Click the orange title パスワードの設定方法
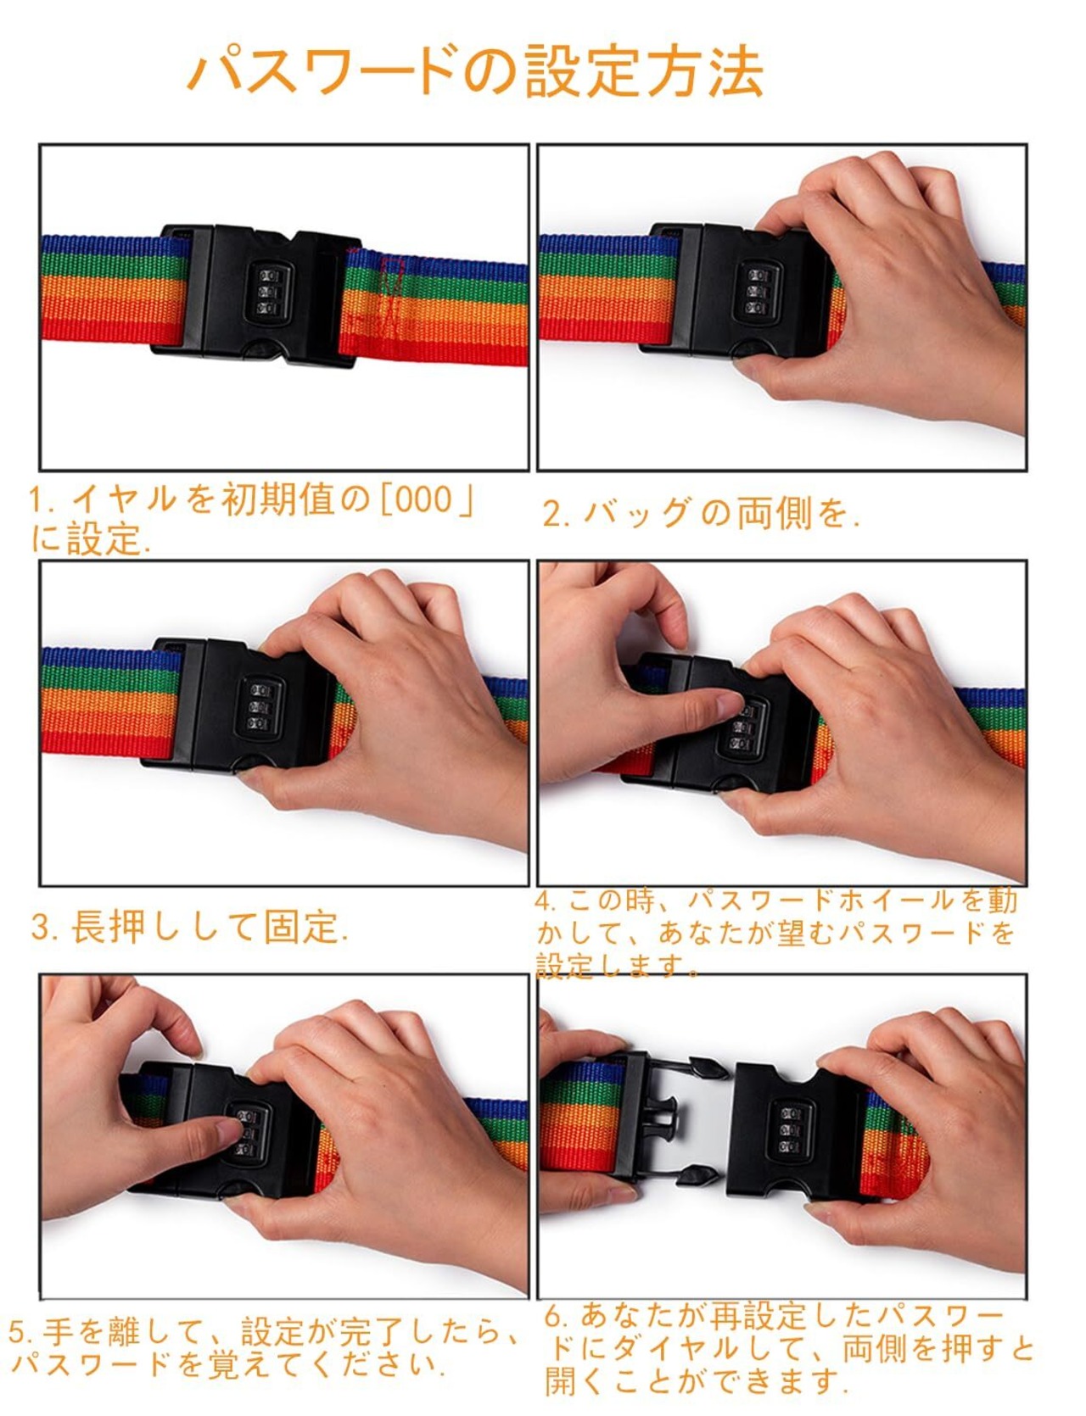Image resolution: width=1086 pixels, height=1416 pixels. pyautogui.click(x=475, y=71)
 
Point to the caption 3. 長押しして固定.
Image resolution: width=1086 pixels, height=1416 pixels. pyautogui.click(x=190, y=928)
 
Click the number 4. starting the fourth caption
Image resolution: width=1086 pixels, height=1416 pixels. pyautogui.click(x=546, y=900)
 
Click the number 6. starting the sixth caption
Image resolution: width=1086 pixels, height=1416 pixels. pyautogui.click(x=557, y=1317)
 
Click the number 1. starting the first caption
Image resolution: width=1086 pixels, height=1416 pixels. pyautogui.click(x=42, y=500)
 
